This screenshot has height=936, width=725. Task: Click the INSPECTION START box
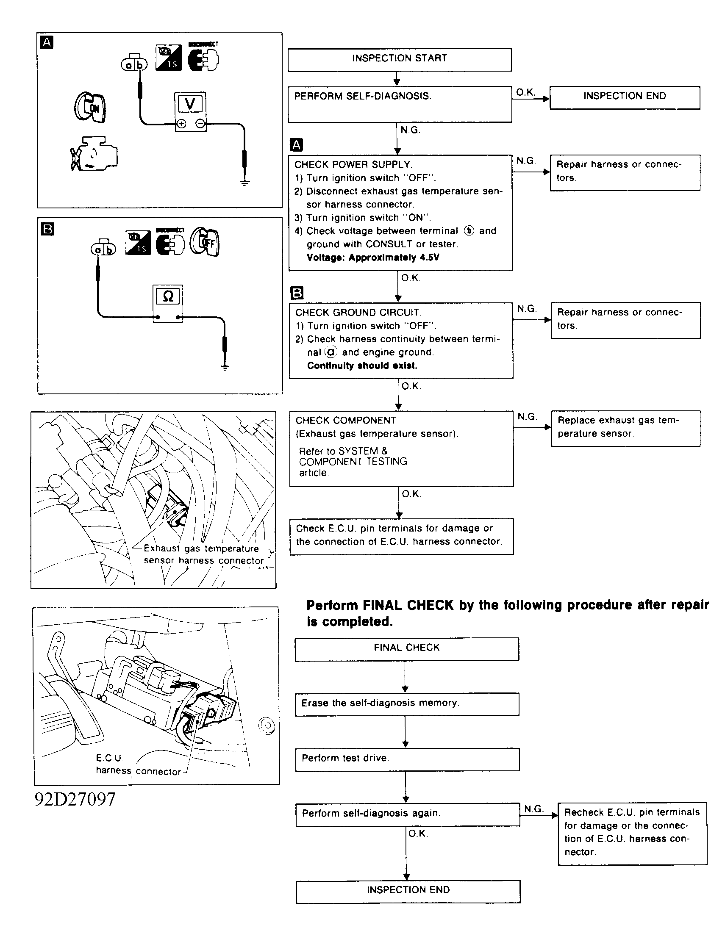pyautogui.click(x=399, y=60)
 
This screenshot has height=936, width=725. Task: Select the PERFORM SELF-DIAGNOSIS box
pyautogui.click(x=400, y=104)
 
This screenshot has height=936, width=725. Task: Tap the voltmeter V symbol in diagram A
pyautogui.click(x=190, y=104)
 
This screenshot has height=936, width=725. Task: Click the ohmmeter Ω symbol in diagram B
pyautogui.click(x=168, y=296)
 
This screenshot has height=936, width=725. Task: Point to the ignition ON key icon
pyautogui.click(x=90, y=107)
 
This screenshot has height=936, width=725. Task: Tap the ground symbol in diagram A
pyautogui.click(x=244, y=183)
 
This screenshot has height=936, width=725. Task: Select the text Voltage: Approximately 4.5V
pyautogui.click(x=372, y=258)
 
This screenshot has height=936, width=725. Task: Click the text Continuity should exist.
pyautogui.click(x=362, y=366)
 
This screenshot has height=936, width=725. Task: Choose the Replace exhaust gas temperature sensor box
pyautogui.click(x=625, y=428)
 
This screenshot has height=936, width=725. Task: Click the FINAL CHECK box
pyautogui.click(x=406, y=649)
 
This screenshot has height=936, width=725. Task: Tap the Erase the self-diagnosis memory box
pyautogui.click(x=406, y=704)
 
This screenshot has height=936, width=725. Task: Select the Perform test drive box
pyautogui.click(x=407, y=759)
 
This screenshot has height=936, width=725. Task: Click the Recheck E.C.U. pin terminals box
pyautogui.click(x=632, y=833)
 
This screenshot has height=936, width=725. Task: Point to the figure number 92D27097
pyautogui.click(x=75, y=799)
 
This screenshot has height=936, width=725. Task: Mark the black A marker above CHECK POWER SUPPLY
pyautogui.click(x=296, y=145)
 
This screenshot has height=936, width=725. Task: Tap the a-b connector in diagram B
pyautogui.click(x=103, y=248)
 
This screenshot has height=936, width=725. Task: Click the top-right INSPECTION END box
pyautogui.click(x=624, y=98)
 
